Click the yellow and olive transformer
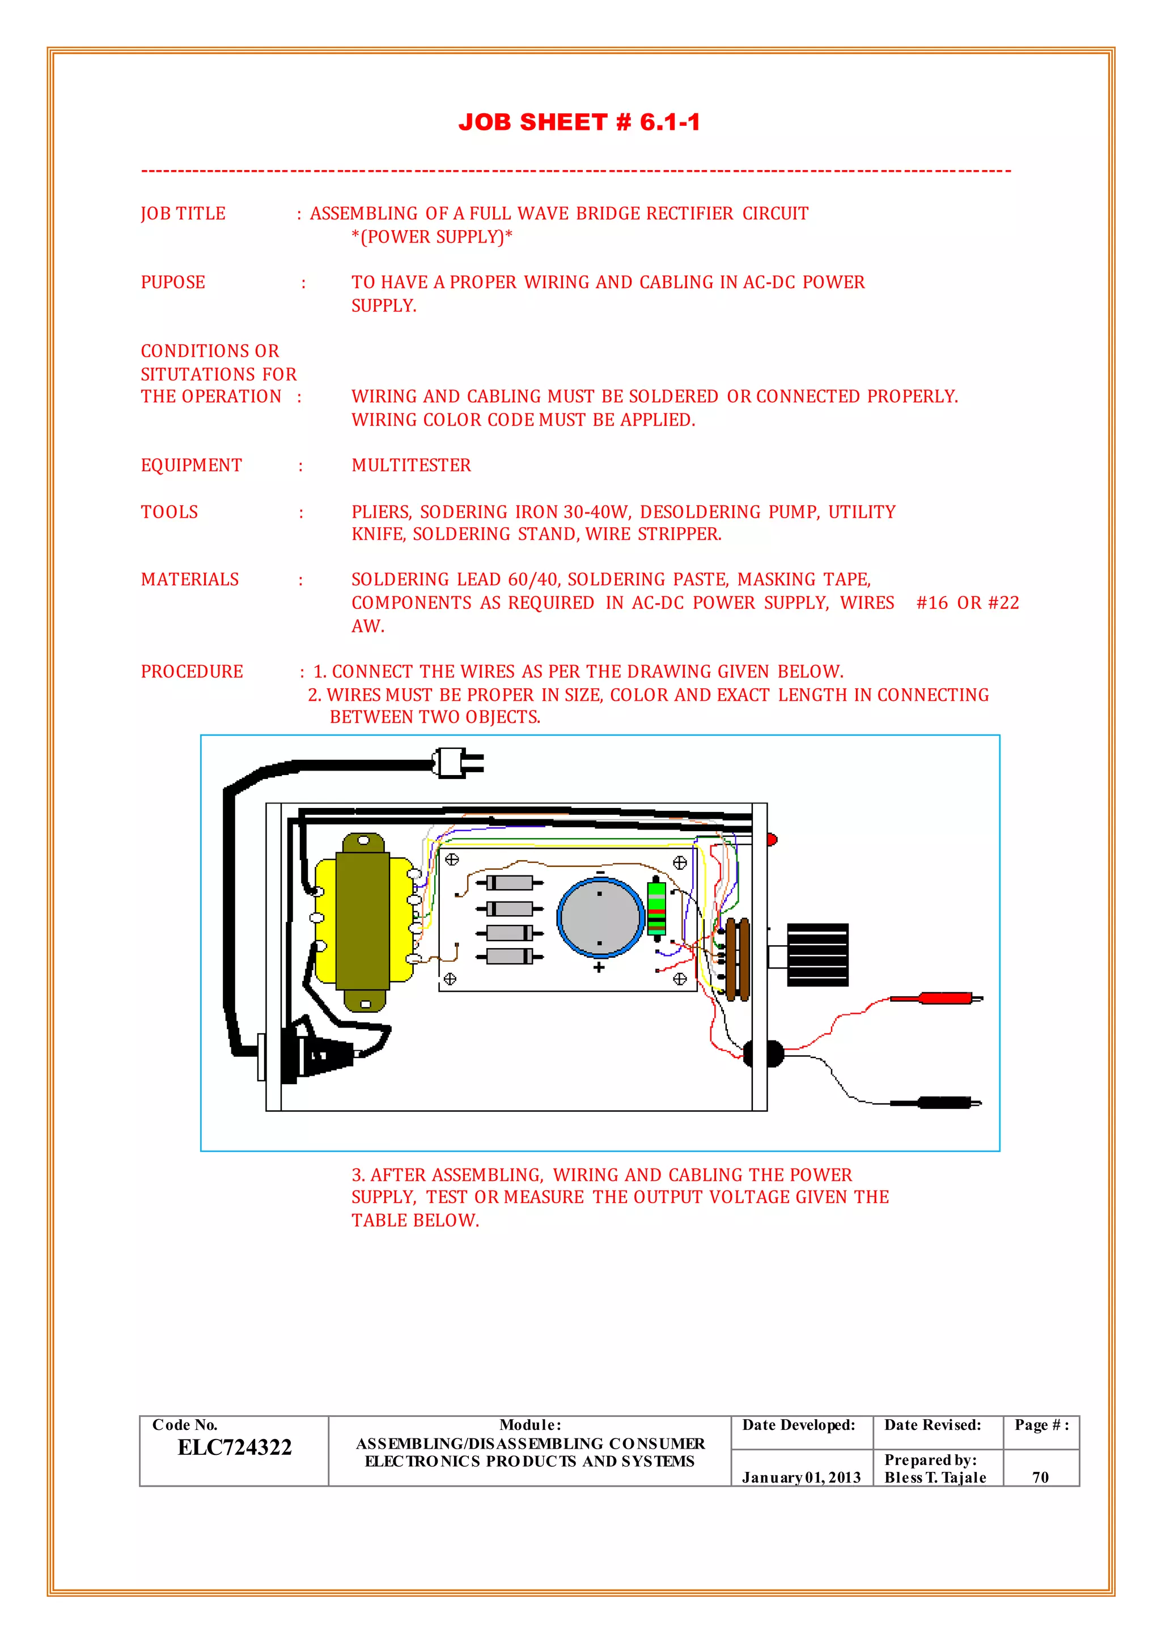(x=363, y=922)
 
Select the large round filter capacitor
(x=600, y=917)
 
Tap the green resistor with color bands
(x=656, y=908)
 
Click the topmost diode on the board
(x=509, y=882)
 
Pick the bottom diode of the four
(x=509, y=956)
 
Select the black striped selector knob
(x=817, y=954)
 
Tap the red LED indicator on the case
(x=772, y=839)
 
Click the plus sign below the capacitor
(x=599, y=968)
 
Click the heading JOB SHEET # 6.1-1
(x=579, y=122)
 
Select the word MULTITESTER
(x=411, y=465)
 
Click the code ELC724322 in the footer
(x=235, y=1447)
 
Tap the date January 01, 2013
(x=800, y=1478)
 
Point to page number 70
(x=1040, y=1478)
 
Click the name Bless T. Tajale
(x=935, y=1478)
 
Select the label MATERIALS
(x=190, y=580)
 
